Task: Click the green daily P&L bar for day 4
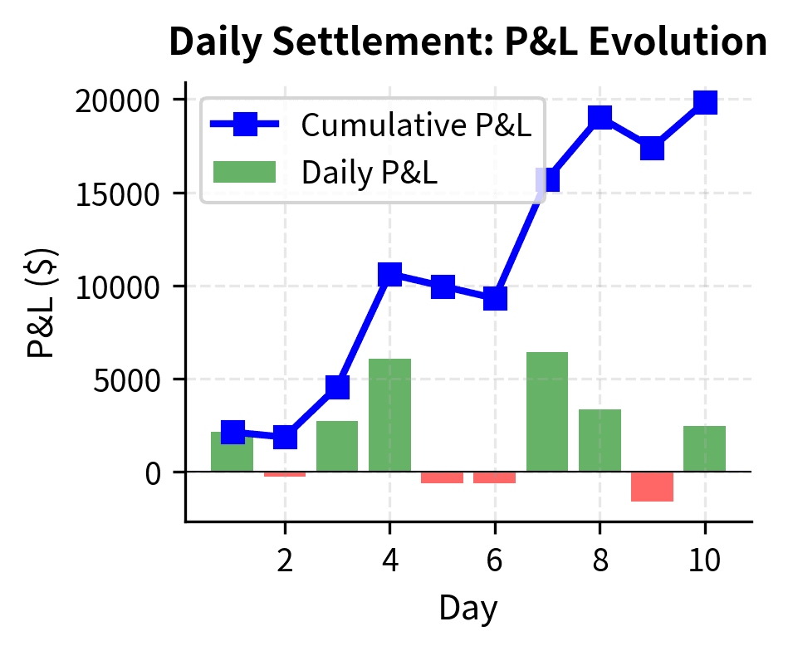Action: (x=389, y=415)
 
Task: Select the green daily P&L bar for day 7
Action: (x=547, y=412)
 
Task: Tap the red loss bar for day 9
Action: (x=652, y=487)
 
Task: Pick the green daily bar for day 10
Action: (x=704, y=448)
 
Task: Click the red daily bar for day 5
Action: (x=442, y=477)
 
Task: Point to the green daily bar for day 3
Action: (x=337, y=446)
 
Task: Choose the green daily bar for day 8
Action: (x=600, y=440)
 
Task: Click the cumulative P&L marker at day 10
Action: (x=705, y=102)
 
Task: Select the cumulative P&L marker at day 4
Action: (x=389, y=275)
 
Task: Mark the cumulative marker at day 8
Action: (x=600, y=117)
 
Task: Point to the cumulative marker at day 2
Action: (x=285, y=437)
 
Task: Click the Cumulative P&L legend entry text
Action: (x=416, y=125)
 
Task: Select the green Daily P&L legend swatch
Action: (x=244, y=172)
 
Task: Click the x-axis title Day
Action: (x=468, y=609)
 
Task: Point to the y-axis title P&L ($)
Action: (x=42, y=302)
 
